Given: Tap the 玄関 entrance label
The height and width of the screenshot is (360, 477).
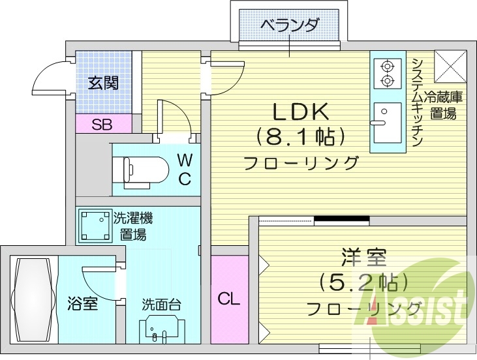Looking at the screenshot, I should click(103, 83).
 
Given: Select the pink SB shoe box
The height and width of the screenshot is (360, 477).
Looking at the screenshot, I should click(101, 124).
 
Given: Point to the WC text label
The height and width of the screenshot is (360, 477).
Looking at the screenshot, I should click(185, 168).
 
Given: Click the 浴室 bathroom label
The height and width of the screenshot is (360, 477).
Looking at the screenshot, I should click(82, 304).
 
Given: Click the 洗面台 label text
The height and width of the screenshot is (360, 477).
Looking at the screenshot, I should click(161, 305).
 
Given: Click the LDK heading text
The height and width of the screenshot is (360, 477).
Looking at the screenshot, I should click(299, 112).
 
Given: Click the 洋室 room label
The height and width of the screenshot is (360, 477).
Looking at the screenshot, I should click(363, 256).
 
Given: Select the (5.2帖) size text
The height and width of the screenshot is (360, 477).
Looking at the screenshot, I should click(363, 282).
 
